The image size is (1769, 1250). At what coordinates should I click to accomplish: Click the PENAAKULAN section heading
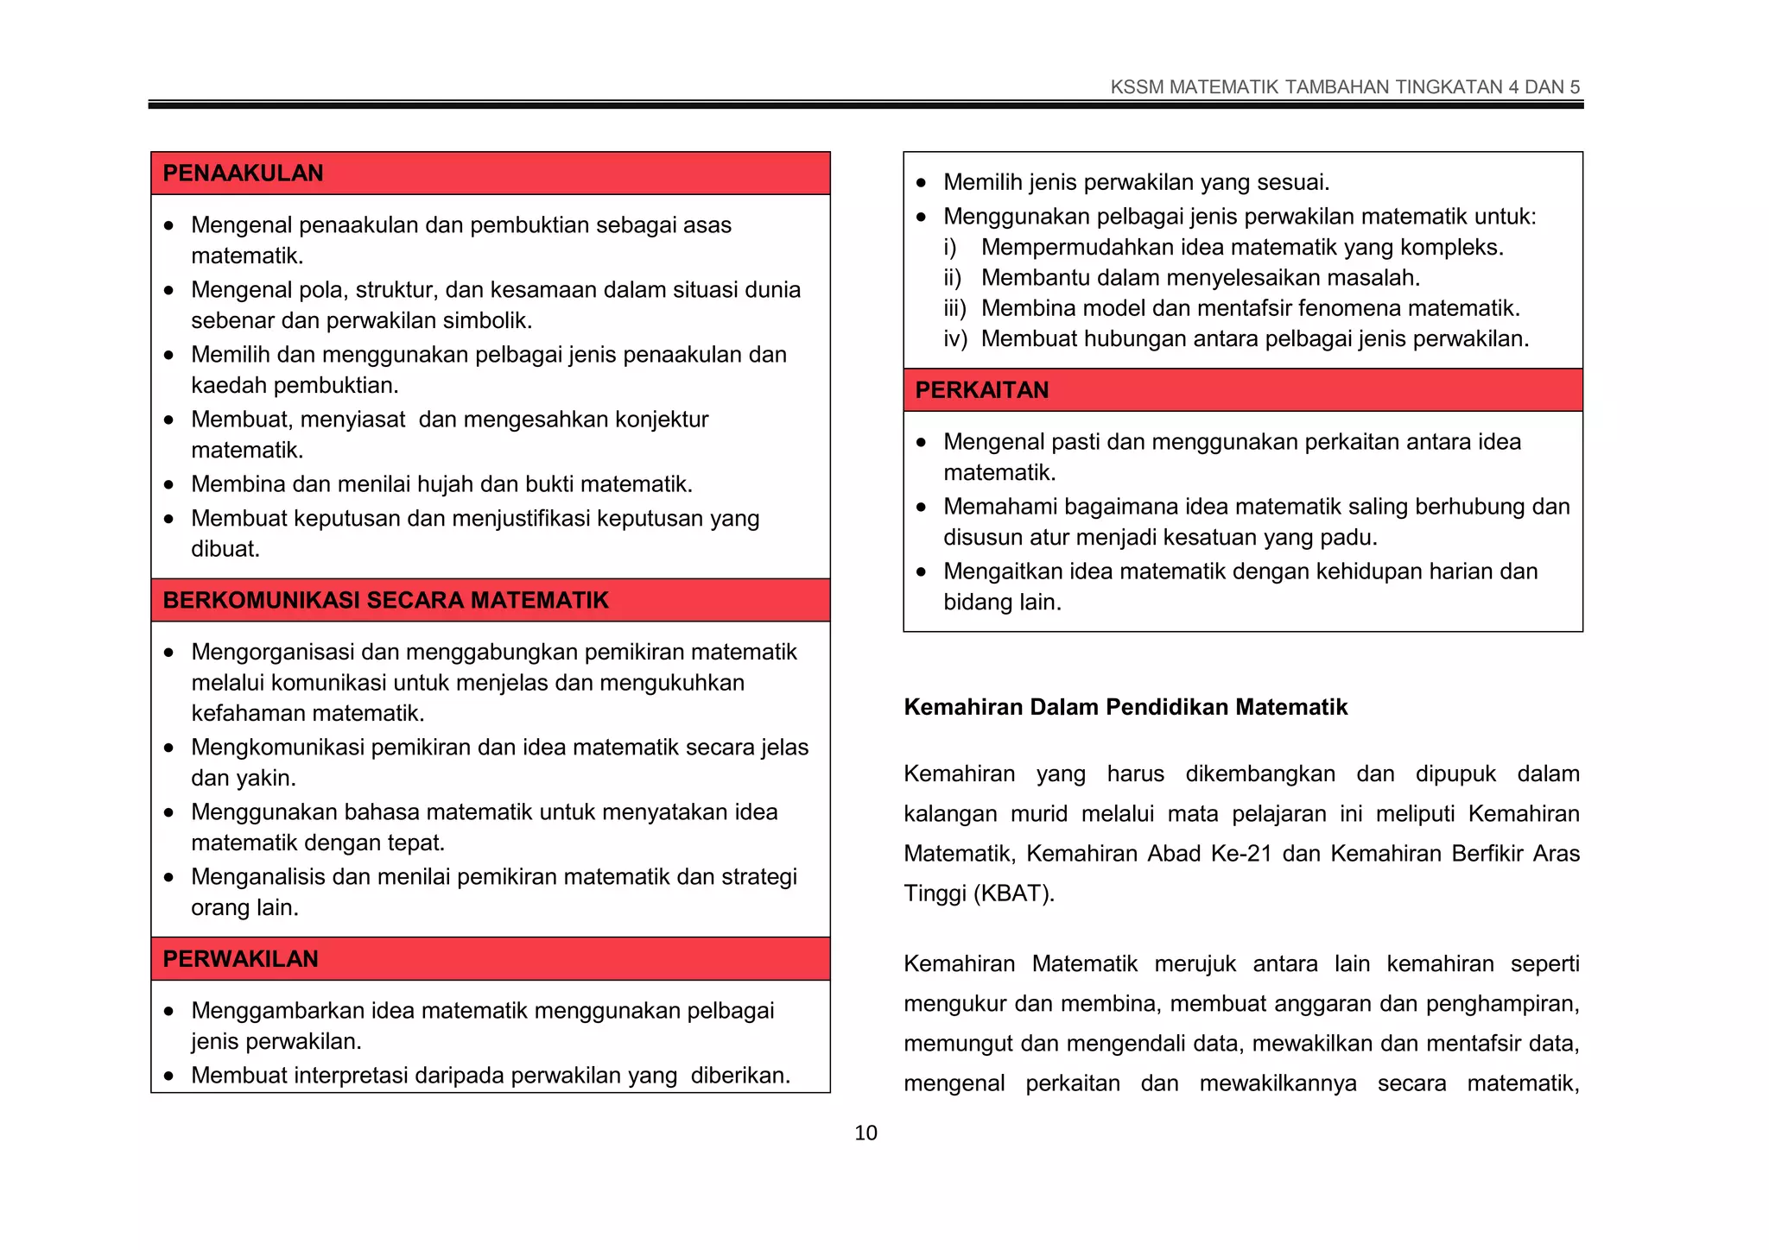point(243,174)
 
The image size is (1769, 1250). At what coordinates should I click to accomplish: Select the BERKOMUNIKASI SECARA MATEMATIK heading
point(385,601)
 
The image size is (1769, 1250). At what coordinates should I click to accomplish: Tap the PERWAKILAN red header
point(240,959)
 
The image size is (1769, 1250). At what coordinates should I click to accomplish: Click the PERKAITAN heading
point(981,390)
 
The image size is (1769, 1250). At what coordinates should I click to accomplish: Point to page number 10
point(865,1133)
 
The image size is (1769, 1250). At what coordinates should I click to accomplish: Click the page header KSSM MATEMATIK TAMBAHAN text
point(1344,87)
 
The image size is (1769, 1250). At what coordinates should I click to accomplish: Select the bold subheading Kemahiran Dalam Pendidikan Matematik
point(1125,708)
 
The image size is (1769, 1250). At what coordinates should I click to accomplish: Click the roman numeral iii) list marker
point(954,309)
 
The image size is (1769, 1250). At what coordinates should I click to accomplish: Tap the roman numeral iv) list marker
point(954,339)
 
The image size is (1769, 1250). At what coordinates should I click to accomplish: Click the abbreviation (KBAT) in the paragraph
point(1014,893)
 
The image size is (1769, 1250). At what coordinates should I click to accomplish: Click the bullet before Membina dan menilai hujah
point(169,485)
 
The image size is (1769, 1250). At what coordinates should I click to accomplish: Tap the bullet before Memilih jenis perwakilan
point(922,183)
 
